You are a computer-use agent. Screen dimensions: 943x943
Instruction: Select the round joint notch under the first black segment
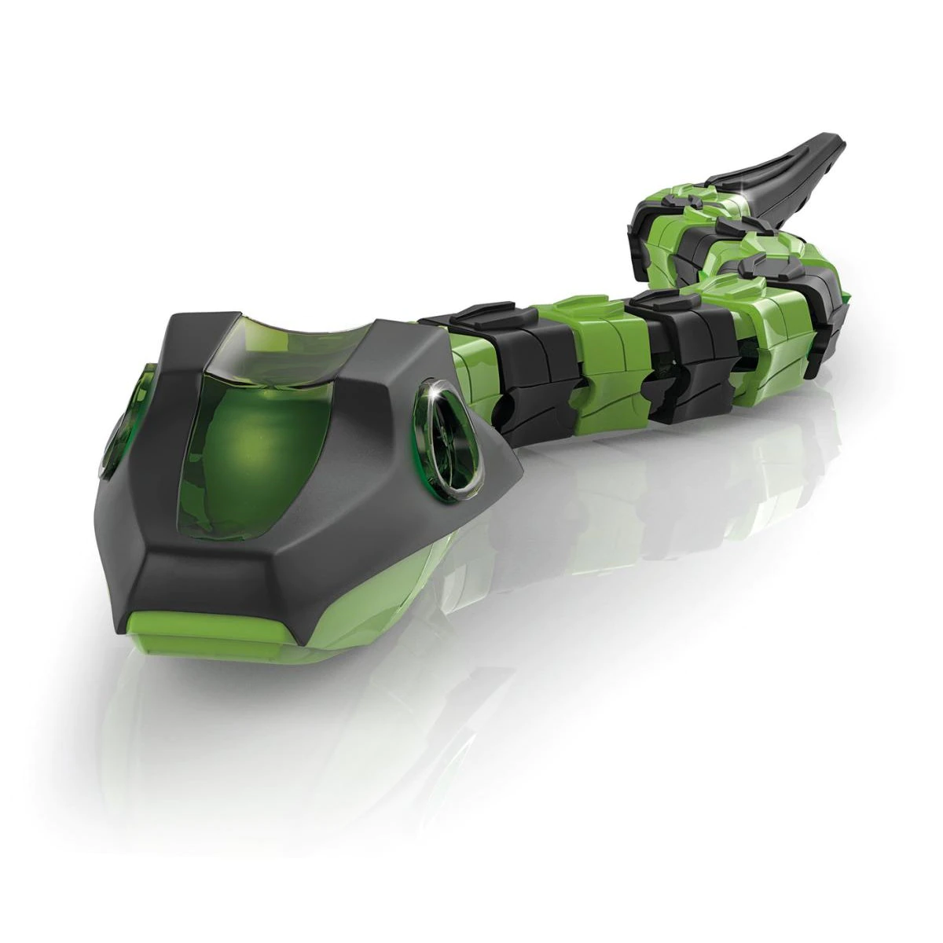click(511, 409)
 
